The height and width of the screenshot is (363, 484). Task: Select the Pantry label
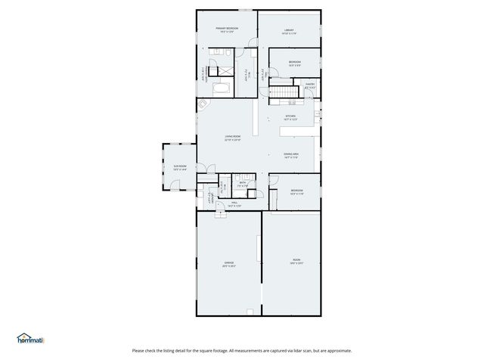tap(309, 86)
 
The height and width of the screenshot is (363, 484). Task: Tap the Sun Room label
tap(180, 168)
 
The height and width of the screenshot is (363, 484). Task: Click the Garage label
tap(228, 265)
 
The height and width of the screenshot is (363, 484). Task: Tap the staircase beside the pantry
tap(281, 93)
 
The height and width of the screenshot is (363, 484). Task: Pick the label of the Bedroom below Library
tap(294, 63)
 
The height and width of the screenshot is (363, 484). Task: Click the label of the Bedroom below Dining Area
tap(296, 192)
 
